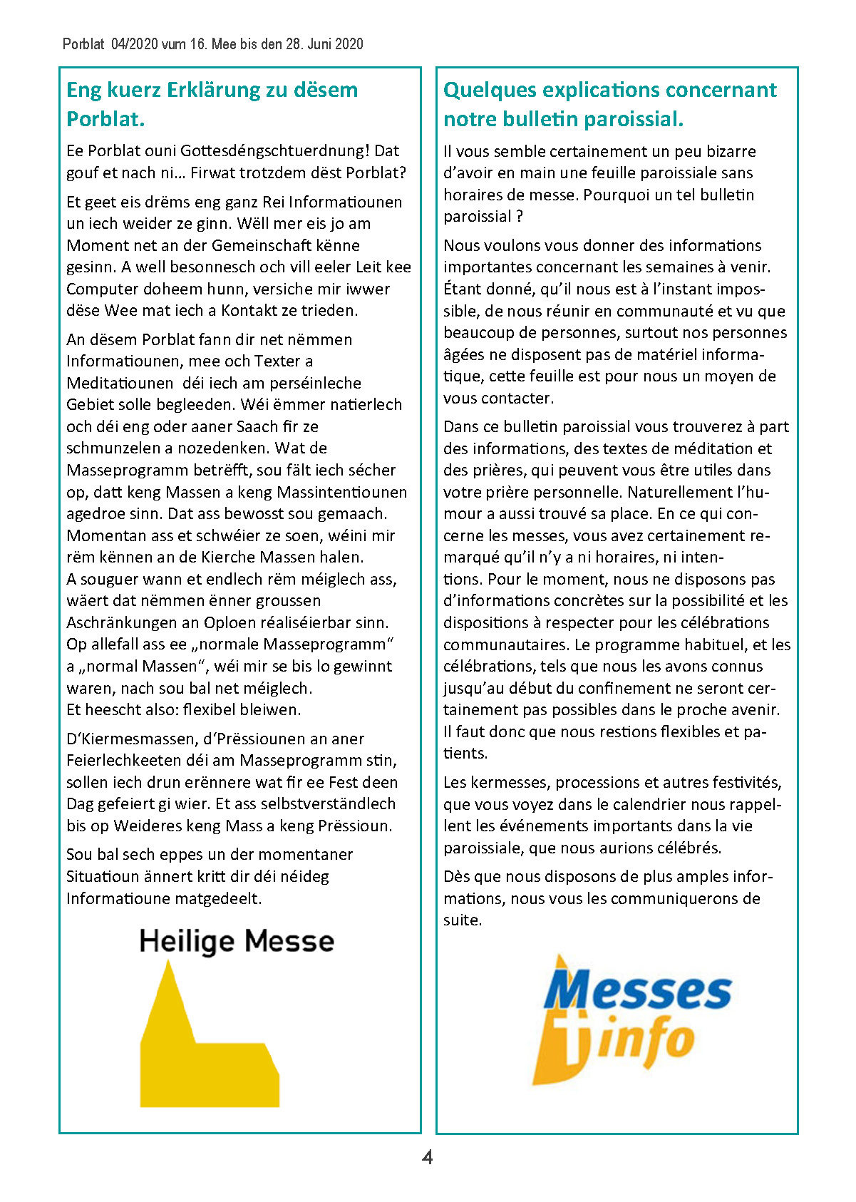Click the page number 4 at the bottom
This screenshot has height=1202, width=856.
(428, 1156)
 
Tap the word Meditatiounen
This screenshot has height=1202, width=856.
(120, 383)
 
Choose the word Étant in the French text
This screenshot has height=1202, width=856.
(463, 289)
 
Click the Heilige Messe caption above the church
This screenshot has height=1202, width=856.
(237, 941)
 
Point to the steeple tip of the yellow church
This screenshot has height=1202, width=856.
(168, 964)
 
